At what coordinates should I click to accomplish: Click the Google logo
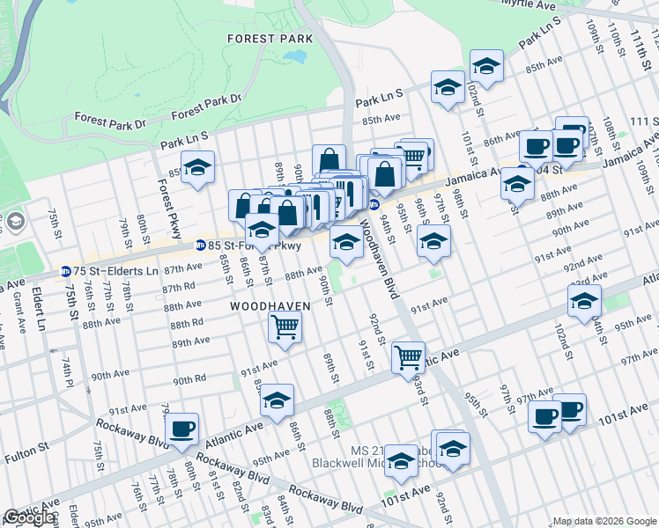29,517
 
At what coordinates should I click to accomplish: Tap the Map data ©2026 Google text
604,521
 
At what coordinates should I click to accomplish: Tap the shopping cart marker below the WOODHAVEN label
285,326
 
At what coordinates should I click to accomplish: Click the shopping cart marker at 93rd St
408,356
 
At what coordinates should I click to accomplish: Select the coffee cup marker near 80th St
182,429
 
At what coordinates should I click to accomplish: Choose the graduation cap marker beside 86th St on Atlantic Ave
277,400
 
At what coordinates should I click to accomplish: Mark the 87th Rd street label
178,286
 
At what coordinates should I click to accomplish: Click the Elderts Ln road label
38,307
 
